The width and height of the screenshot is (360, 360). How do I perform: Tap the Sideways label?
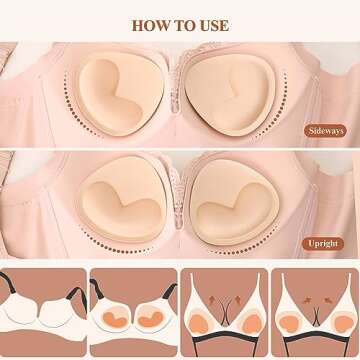[x=324, y=130]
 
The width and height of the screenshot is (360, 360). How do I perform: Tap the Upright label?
[x=325, y=243]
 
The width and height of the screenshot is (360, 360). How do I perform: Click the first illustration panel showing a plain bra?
[x=42, y=312]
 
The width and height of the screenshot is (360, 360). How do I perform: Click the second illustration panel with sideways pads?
[x=132, y=312]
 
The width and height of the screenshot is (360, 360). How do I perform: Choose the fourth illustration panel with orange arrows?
[x=312, y=312]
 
